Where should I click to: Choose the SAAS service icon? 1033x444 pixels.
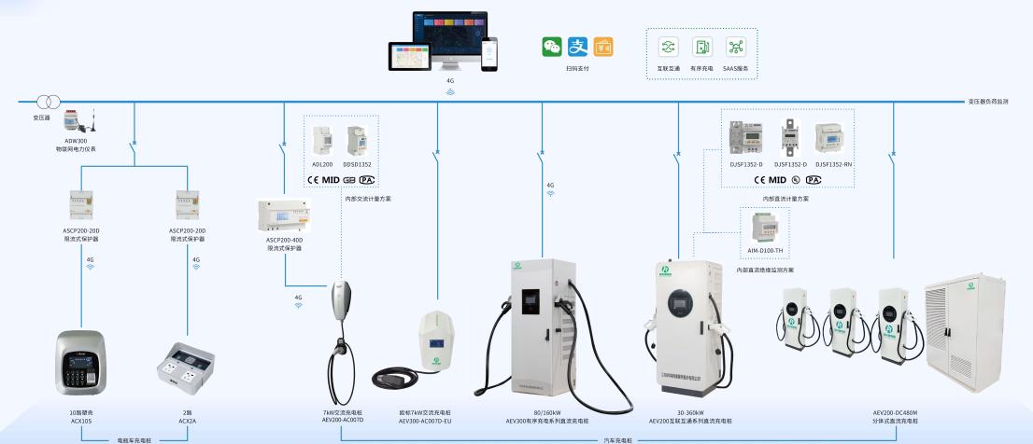pos(735,48)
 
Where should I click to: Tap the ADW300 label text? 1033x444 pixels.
pos(76,142)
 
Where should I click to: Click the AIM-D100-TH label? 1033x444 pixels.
pos(765,252)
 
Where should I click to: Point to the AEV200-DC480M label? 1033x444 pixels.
pos(896,413)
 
